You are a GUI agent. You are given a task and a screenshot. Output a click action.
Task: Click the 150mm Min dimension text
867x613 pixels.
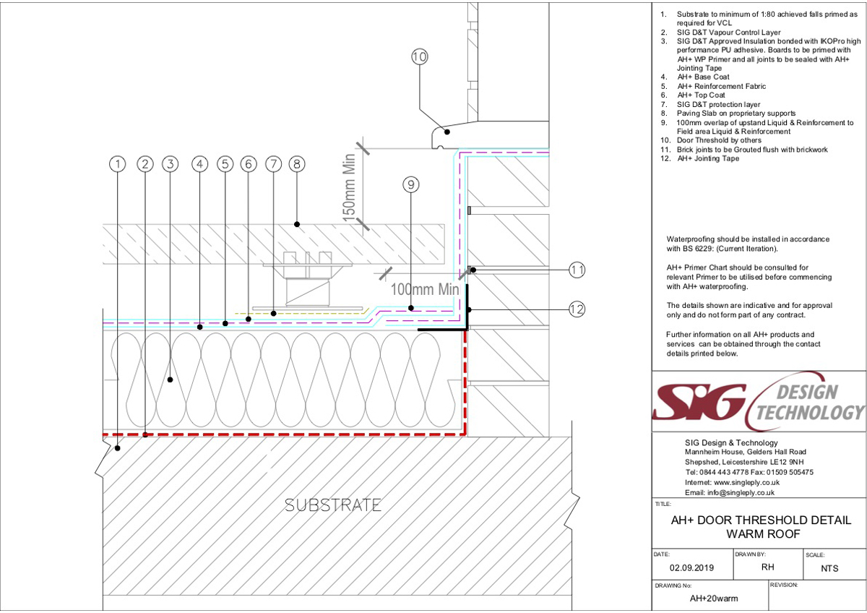[x=349, y=188]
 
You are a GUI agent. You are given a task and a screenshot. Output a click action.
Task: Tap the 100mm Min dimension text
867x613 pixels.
[x=425, y=289]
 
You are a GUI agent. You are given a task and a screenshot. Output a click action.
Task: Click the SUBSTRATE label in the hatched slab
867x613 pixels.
[x=333, y=505]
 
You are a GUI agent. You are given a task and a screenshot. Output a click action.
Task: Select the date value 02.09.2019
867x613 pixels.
[x=691, y=567]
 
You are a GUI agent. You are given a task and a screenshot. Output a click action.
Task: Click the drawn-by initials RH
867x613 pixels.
[x=767, y=567]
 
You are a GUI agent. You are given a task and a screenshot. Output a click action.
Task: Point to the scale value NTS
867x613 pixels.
[x=829, y=568]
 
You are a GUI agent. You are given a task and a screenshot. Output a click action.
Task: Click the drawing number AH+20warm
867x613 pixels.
[x=714, y=599]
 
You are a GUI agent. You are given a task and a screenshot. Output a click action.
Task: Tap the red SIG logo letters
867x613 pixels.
[x=699, y=402]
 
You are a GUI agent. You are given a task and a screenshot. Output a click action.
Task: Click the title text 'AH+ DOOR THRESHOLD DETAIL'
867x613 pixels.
[x=761, y=520]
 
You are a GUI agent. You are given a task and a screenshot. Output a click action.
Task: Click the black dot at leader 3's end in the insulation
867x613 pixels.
[x=170, y=380]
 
